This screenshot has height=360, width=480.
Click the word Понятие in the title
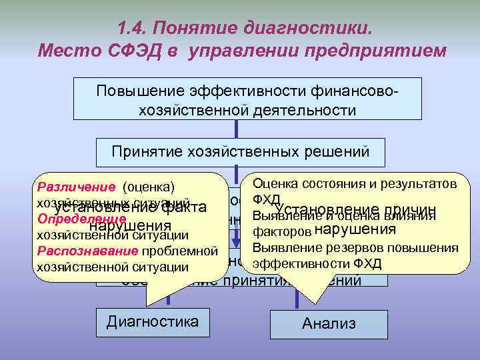pyautogui.click(x=197, y=29)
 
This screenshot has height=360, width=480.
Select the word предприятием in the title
pyautogui.click(x=375, y=51)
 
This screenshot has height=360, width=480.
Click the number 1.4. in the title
pyautogui.click(x=132, y=29)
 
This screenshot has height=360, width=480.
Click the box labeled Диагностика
pyautogui.click(x=153, y=321)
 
